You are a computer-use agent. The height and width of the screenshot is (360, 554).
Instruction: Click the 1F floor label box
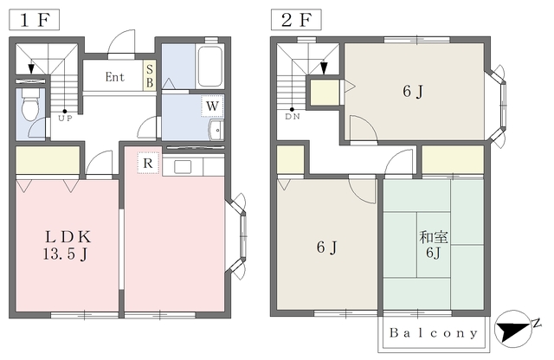click(34, 20)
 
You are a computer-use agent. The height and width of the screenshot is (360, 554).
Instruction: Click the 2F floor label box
click(296, 20)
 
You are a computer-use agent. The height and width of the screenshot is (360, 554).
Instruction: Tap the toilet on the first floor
click(30, 104)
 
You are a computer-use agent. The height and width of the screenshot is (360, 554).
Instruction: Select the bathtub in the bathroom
click(209, 66)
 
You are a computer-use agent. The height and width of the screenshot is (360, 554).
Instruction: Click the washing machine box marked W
click(212, 106)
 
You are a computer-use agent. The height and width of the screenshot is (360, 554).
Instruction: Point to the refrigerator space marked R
click(148, 163)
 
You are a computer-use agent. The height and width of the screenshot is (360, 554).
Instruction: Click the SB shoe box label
click(150, 76)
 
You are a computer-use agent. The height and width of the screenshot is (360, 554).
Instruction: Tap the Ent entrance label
click(115, 77)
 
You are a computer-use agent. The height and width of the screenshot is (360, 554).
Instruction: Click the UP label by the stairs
click(65, 119)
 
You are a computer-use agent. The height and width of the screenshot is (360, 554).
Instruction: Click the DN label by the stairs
click(293, 117)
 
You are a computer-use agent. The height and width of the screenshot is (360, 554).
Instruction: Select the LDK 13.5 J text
click(68, 245)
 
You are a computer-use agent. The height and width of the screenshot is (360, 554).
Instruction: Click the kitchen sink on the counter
click(183, 166)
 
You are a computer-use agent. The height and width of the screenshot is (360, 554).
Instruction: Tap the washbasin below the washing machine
click(216, 130)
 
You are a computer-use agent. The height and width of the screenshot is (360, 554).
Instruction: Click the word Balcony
click(434, 333)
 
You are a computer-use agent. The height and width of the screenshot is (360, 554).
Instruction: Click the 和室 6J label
click(434, 245)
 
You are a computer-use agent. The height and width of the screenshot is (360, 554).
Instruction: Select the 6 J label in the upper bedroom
click(413, 92)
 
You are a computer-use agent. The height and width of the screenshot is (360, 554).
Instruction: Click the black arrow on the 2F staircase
click(323, 67)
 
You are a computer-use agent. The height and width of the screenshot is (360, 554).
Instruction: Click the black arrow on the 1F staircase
click(31, 67)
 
